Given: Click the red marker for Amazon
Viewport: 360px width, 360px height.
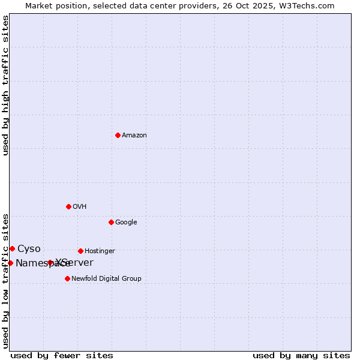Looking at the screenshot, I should click(x=118, y=135).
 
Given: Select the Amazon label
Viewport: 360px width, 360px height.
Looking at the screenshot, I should click(x=134, y=136).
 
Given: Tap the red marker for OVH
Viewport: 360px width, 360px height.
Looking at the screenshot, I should click(x=68, y=206).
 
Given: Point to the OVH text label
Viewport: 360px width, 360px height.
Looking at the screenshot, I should click(x=80, y=207).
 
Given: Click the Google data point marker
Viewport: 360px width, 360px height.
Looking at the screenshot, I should click(x=111, y=222).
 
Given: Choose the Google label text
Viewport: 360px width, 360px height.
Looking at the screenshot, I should click(x=126, y=223).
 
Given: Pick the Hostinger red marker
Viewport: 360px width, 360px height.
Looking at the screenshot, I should click(x=80, y=251).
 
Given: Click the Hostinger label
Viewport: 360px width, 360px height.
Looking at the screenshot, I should click(x=100, y=251).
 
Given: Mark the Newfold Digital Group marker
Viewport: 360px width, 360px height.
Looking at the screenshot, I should click(x=67, y=278).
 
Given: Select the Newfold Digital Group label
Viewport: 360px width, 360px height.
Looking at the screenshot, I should click(x=106, y=279).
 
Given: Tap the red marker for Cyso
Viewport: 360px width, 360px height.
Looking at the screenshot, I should click(x=12, y=248).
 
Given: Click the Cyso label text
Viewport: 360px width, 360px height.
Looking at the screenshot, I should click(x=29, y=249).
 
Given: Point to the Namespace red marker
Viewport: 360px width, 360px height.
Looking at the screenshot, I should click(x=10, y=263).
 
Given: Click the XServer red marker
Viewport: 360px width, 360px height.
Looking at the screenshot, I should click(x=50, y=263).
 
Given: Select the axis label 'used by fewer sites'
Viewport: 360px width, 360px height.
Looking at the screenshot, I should click(x=62, y=355).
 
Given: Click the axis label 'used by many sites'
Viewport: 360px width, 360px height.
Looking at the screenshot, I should click(x=301, y=355).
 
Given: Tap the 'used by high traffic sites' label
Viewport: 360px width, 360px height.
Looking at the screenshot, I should click(x=5, y=85).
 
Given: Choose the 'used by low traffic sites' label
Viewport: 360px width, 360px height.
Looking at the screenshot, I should click(x=5, y=280).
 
